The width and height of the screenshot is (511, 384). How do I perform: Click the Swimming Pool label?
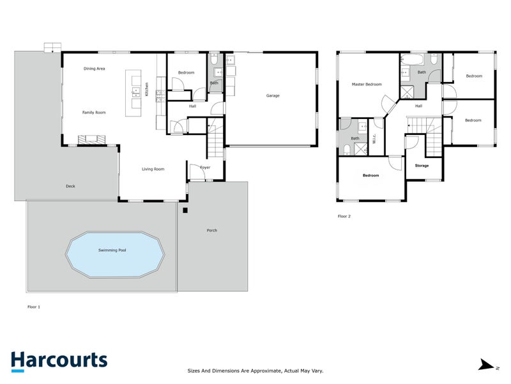click(112, 250)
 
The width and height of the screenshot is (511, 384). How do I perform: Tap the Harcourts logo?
click(59, 361)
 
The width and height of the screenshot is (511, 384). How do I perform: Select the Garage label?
click(273, 96)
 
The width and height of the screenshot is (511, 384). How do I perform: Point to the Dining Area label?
click(95, 68)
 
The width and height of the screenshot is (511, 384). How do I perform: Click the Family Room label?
click(94, 113)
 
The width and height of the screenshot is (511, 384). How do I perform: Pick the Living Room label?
click(153, 169)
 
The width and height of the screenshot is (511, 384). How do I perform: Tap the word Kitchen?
click(146, 89)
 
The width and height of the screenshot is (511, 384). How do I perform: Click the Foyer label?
click(205, 168)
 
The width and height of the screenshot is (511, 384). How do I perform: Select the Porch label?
click(212, 230)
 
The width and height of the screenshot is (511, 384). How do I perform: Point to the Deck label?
click(70, 187)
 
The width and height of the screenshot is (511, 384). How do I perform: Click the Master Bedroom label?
click(367, 84)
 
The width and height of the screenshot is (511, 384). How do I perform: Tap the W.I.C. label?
click(374, 138)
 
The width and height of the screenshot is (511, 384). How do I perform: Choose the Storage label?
click(422, 166)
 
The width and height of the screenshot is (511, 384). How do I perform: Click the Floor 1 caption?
click(34, 307)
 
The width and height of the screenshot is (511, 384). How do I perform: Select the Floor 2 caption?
click(344, 216)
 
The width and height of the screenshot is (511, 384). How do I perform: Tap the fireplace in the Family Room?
click(88, 139)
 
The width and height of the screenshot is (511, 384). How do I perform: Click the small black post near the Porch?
click(185, 210)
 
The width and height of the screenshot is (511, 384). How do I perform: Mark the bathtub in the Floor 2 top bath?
click(412, 61)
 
